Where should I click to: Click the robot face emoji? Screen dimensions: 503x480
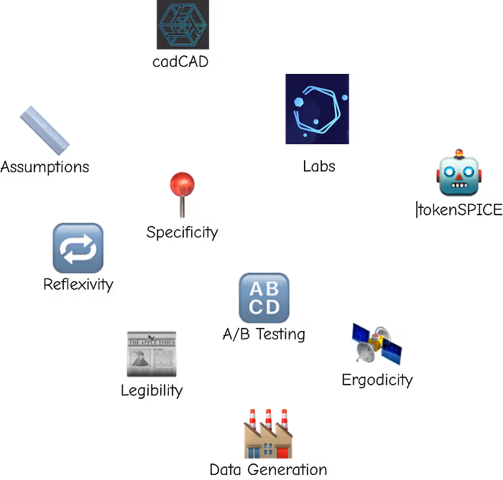[x=458, y=174]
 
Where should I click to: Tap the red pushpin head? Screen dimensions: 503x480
[x=183, y=184]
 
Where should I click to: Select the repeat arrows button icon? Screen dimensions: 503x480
[x=78, y=248]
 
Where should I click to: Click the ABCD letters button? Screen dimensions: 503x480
[x=264, y=298]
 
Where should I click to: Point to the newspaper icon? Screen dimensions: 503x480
[x=152, y=354]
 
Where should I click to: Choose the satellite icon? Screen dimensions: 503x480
[x=377, y=343]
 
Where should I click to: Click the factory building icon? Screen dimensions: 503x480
[x=268, y=435]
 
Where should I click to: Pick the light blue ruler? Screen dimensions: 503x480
[x=45, y=131]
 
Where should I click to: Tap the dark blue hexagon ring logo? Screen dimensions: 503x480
[x=317, y=108]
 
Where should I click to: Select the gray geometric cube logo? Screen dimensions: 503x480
[x=183, y=25]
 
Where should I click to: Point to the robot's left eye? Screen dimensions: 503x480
[x=449, y=171]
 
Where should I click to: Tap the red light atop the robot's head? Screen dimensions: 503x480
[x=458, y=152]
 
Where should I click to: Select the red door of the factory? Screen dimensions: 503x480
[x=282, y=452]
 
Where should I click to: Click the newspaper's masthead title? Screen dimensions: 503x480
[x=152, y=342]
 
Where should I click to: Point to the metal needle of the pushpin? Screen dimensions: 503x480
[x=183, y=209]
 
